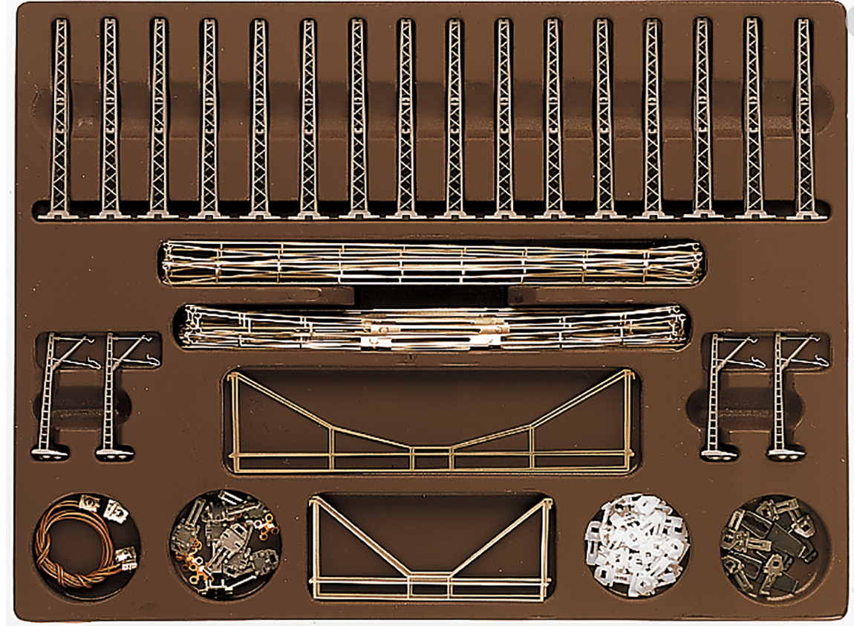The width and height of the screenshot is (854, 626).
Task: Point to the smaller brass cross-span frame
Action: pyautogui.click(x=431, y=550)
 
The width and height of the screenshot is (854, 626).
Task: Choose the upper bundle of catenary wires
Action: pyautogui.click(x=431, y=262)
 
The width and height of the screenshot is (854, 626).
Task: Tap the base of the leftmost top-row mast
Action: pyautogui.click(x=59, y=213)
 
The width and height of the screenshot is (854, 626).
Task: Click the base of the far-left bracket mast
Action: pyautogui.click(x=49, y=451)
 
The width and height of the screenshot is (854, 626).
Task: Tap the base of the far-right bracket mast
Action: pyautogui.click(x=786, y=451)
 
